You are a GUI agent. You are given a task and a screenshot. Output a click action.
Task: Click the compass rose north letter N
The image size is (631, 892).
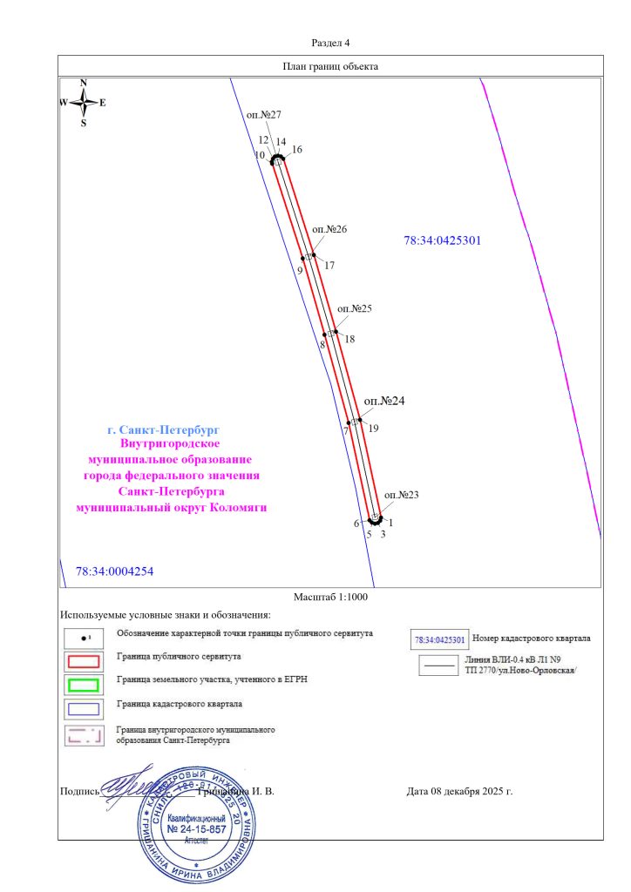(x=84, y=83)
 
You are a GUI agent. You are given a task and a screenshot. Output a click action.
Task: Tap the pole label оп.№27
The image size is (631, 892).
(x=263, y=115)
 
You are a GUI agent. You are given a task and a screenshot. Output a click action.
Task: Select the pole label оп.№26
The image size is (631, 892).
(x=329, y=229)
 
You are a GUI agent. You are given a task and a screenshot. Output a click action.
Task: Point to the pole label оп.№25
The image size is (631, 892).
(x=354, y=308)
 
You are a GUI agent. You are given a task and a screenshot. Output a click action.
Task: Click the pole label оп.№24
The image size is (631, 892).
(x=384, y=401)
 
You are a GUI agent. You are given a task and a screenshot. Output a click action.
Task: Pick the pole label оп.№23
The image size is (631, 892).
(x=401, y=495)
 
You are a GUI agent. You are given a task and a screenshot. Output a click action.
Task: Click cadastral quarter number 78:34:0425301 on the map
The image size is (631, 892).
(x=443, y=240)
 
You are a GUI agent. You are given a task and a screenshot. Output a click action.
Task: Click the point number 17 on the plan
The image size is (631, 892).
(x=329, y=265)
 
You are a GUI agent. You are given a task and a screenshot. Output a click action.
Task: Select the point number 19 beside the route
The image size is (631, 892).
(x=373, y=428)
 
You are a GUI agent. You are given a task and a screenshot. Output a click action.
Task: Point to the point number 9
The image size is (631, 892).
(x=300, y=271)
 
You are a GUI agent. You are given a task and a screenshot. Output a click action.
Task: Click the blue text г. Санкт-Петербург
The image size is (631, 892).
(x=162, y=430)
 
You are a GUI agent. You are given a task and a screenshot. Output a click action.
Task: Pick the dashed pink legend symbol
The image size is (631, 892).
(x=85, y=733)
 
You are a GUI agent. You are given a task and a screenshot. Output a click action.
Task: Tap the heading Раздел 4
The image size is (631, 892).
(x=330, y=43)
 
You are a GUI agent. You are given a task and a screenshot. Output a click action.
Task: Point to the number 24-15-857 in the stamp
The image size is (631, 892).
(x=197, y=830)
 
